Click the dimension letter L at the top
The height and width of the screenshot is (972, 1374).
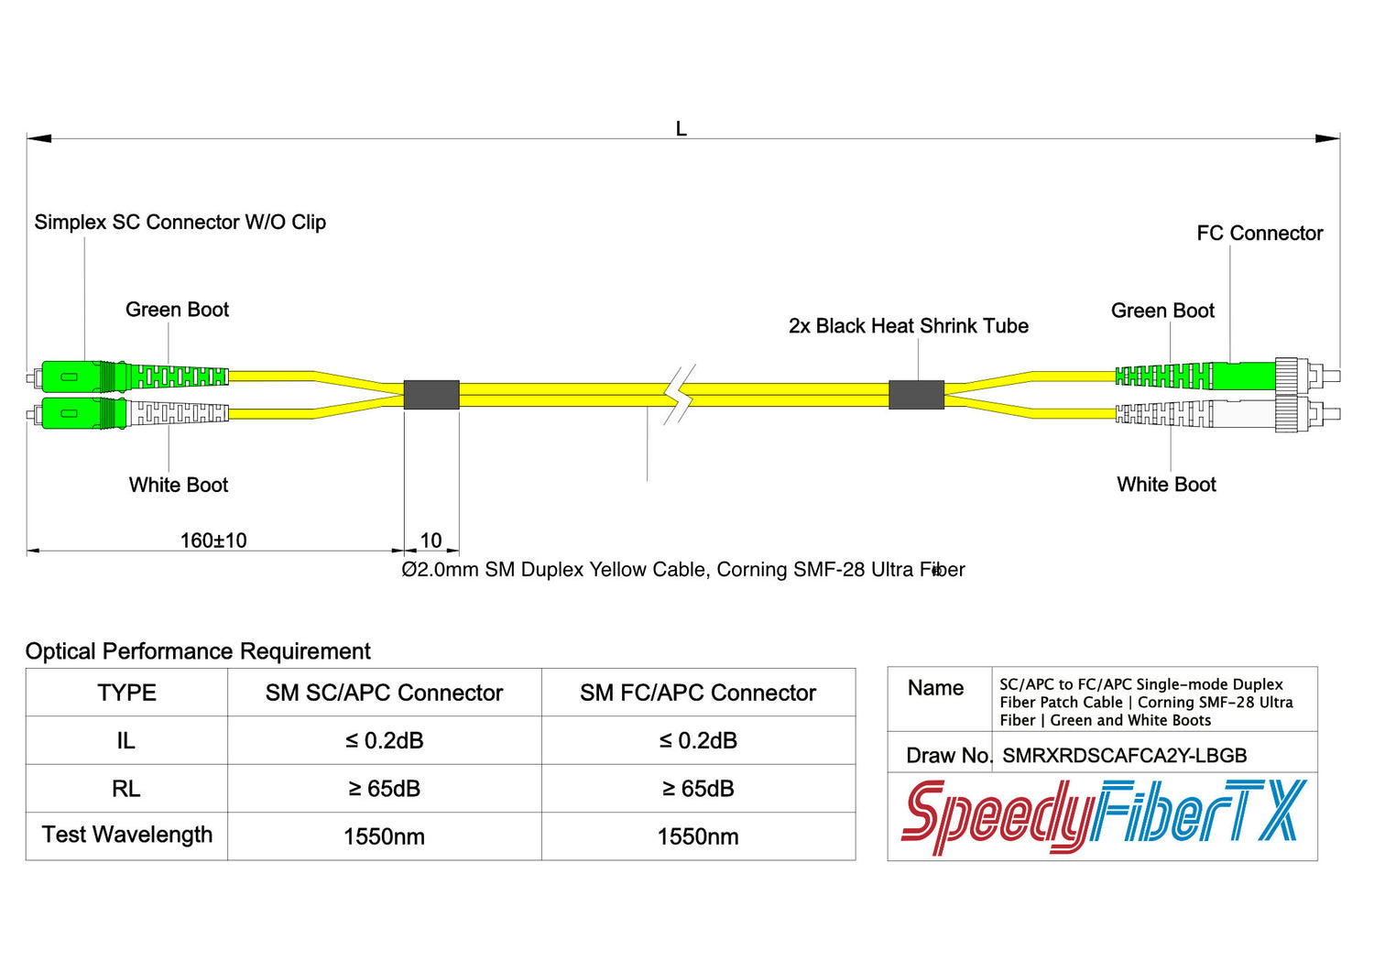(x=681, y=129)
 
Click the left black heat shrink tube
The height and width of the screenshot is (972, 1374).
(x=431, y=395)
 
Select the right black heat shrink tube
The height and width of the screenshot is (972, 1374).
(x=916, y=395)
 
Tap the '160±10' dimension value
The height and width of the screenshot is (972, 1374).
(x=213, y=541)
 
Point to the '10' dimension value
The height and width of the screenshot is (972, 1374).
(x=431, y=541)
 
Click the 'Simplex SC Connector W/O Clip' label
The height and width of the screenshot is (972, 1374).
(x=180, y=223)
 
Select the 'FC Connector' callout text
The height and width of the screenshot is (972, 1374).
(x=1259, y=234)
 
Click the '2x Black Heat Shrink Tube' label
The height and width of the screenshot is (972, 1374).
(x=908, y=326)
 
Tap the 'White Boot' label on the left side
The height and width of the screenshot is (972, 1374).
(x=179, y=485)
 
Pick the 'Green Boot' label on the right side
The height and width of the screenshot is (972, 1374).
(x=1162, y=311)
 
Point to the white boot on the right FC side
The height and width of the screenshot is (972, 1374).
(x=1163, y=414)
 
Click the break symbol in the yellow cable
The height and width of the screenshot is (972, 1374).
(x=679, y=395)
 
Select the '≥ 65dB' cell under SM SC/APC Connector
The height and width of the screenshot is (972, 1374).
(x=384, y=789)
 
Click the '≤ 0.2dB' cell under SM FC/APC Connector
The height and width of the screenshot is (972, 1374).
(x=698, y=740)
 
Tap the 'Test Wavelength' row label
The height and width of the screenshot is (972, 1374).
(x=127, y=835)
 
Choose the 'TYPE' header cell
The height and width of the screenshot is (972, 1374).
(x=126, y=693)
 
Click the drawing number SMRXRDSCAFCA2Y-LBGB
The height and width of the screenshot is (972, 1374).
(x=1125, y=756)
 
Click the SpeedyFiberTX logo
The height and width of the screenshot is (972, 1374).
(x=1103, y=815)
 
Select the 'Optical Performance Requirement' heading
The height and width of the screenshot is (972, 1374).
(x=198, y=651)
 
